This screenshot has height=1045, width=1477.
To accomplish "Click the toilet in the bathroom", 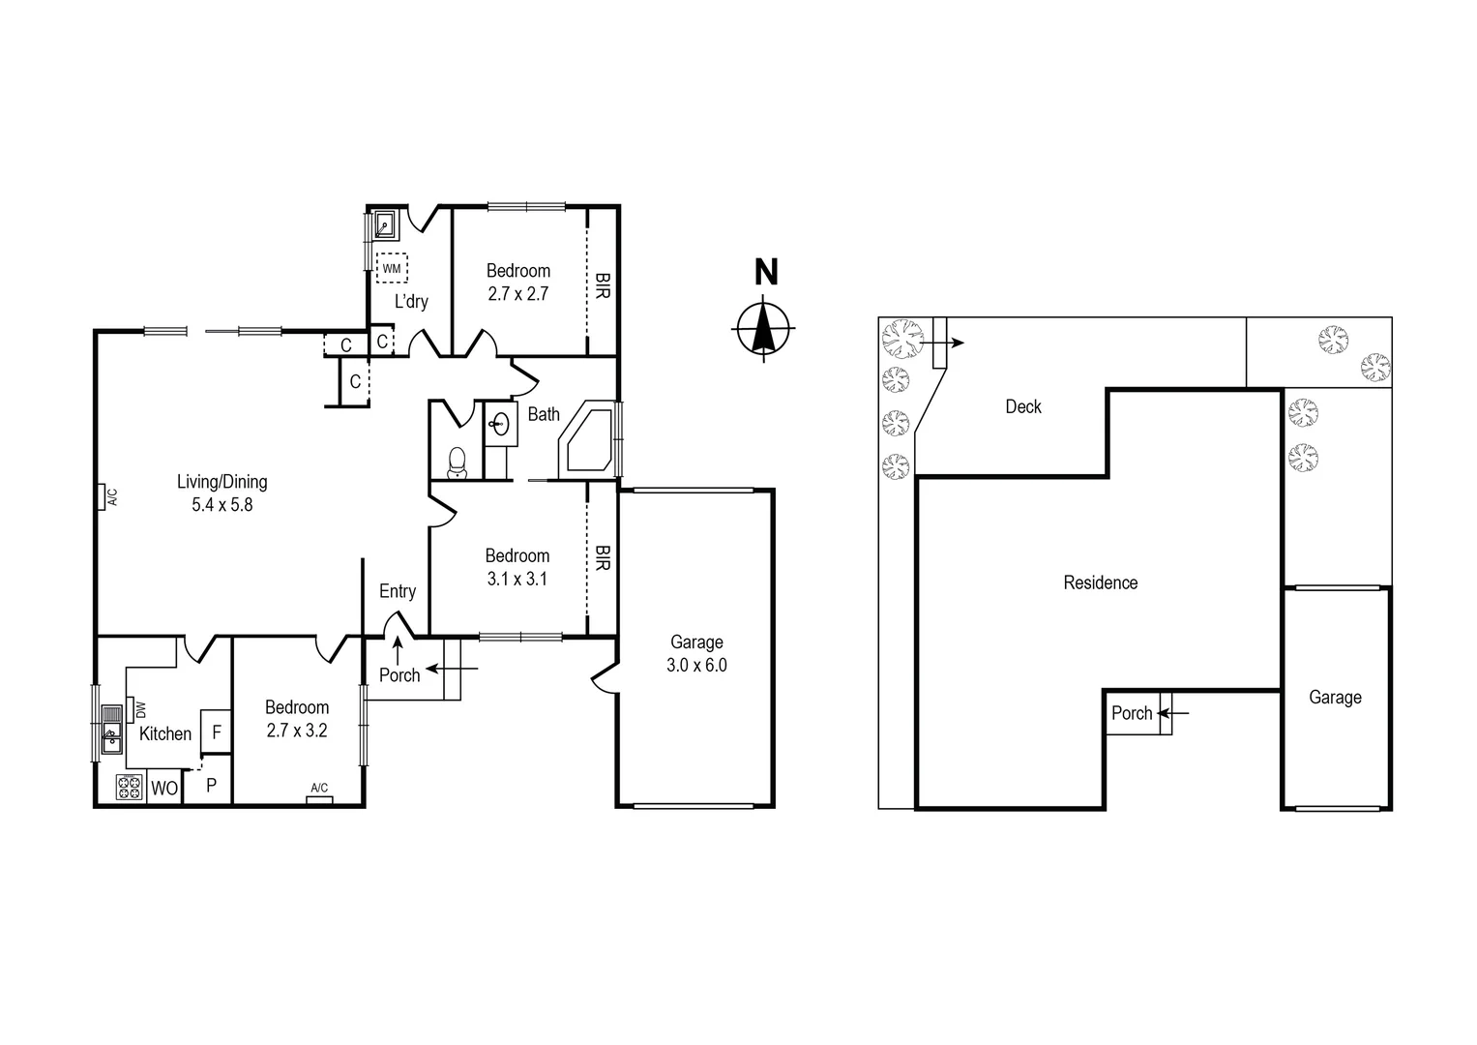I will pos(457,462).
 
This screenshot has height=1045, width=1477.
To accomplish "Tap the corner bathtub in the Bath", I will pos(586,441).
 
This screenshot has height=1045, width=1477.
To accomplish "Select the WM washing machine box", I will pos(392,268).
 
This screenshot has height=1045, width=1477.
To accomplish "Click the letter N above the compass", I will pos(765,273).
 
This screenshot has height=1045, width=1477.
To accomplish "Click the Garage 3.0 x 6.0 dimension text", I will pos(696,665).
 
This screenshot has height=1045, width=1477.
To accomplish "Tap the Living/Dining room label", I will pos(222,481).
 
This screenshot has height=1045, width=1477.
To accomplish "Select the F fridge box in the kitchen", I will pos(216,732).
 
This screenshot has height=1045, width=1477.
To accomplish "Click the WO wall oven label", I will pos(163,789).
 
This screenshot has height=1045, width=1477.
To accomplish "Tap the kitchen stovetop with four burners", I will pos(130,789).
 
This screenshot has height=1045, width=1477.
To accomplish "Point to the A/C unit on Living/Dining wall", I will pos(103,497).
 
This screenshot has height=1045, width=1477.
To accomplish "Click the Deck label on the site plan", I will pos(1022,406).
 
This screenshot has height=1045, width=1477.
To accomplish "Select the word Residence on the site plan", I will pos(1100,582).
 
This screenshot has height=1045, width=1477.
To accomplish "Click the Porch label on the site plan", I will pos(1131,713).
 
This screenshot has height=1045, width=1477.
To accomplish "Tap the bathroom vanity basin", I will pos(501,424).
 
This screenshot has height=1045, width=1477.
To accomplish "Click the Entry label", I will pos(398,591).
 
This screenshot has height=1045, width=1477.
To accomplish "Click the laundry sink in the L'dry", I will pos(384,226).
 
